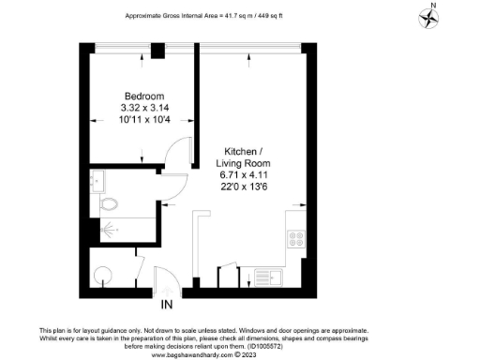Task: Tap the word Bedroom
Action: tap(145, 97)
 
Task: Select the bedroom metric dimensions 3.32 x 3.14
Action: tap(145, 109)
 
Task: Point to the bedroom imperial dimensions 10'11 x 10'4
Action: tap(145, 121)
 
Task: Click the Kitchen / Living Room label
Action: tap(247, 157)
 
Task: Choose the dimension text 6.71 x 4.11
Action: tap(247, 174)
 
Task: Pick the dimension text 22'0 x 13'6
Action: tap(247, 187)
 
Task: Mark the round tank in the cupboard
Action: tap(104, 274)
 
